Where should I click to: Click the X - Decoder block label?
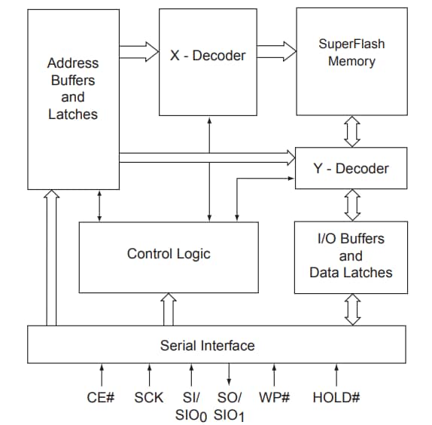(x=208, y=56)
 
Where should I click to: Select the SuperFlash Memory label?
(x=351, y=53)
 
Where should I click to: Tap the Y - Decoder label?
(x=351, y=168)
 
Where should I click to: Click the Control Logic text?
(x=169, y=254)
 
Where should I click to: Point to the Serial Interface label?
(x=207, y=346)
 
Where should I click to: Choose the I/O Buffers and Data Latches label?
(x=351, y=255)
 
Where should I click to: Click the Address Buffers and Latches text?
(x=72, y=89)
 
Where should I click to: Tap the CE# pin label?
(x=102, y=396)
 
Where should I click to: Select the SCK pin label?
(x=148, y=396)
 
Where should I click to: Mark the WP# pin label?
(x=274, y=396)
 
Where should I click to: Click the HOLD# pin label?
(x=336, y=396)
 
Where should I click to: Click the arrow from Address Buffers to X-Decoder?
(x=138, y=52)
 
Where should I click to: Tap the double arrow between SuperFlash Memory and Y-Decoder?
(x=351, y=132)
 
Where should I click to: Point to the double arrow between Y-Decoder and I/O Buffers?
(x=351, y=203)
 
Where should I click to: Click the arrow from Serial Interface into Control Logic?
(x=169, y=310)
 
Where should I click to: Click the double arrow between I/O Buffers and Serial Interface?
(x=351, y=310)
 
